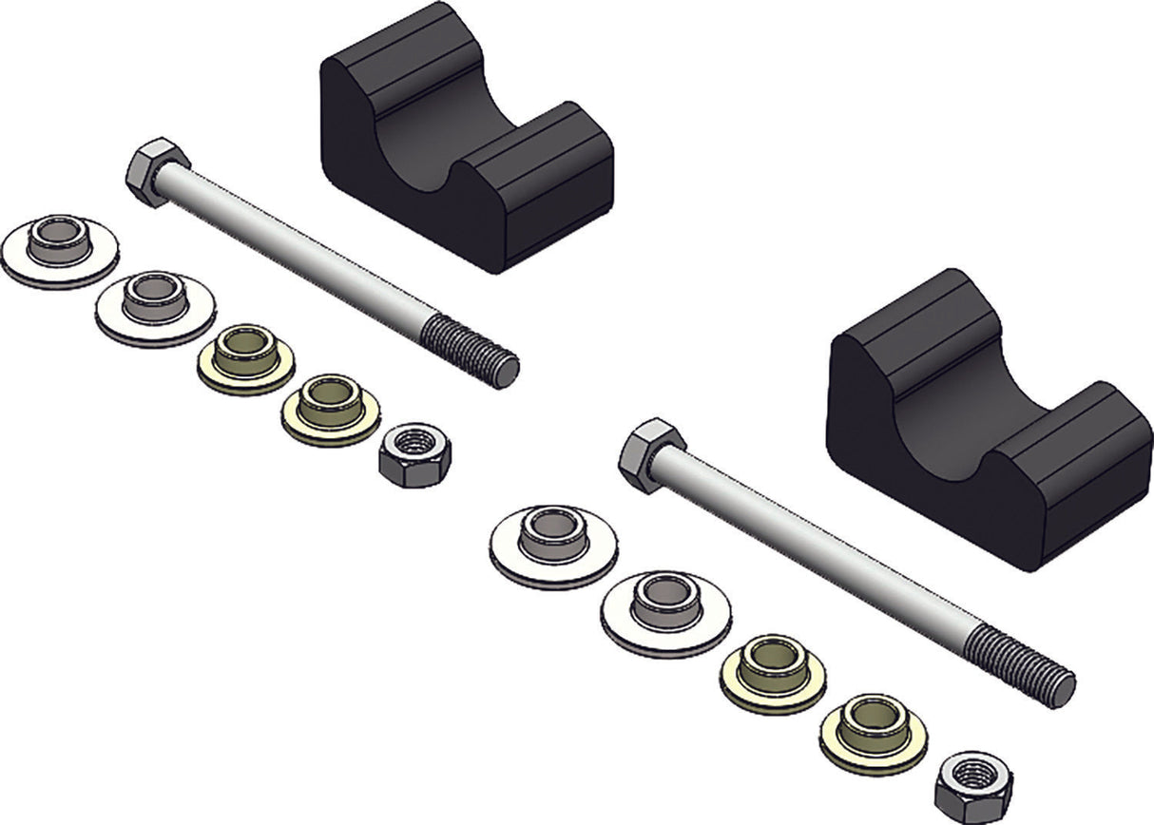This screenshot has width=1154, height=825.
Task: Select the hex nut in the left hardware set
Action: pyautogui.click(x=414, y=453)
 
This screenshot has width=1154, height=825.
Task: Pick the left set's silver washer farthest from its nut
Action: pyautogui.click(x=60, y=250)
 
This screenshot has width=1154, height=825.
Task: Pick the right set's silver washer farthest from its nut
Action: pyautogui.click(x=553, y=545)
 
